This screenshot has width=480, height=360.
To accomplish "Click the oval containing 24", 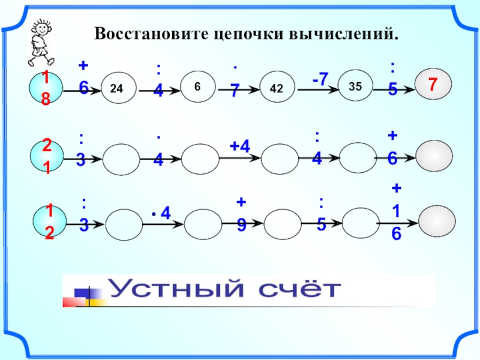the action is (118, 88).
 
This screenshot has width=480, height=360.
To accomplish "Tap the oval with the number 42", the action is (277, 88).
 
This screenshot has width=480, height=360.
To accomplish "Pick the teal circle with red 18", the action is (46, 88).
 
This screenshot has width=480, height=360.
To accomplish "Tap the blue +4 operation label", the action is (239, 146).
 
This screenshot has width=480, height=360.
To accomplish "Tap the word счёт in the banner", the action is (299, 290).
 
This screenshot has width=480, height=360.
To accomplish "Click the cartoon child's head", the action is (42, 28).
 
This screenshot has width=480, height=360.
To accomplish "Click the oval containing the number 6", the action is (197, 86).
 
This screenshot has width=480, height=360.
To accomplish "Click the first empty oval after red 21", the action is (121, 159).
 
